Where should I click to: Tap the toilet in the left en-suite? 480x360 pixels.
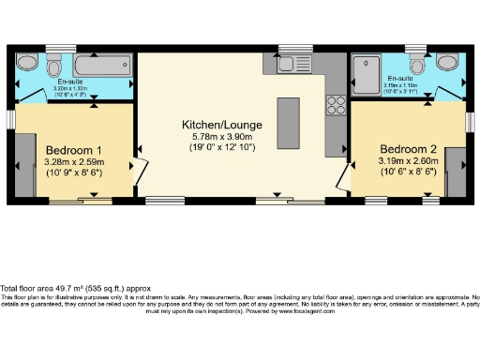coord(54,68)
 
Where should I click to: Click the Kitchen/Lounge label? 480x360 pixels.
coord(221,124)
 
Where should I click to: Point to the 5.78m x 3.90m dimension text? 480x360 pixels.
coord(221,136)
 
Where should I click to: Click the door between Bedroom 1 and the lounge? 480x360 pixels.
coord(141,170)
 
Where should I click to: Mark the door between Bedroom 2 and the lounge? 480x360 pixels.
coord(344,173)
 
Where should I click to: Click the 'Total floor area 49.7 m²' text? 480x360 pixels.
coord(66,288)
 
